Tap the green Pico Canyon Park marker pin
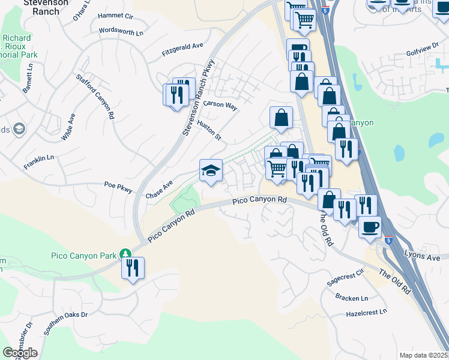coord(125,254)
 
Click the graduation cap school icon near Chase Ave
coord(211,171)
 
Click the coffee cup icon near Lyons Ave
coord(370,226)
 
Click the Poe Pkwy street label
coord(118,187)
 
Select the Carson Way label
coord(220,105)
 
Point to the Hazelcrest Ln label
coord(367,313)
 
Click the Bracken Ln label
coord(352,298)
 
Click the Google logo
coord(20,353)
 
